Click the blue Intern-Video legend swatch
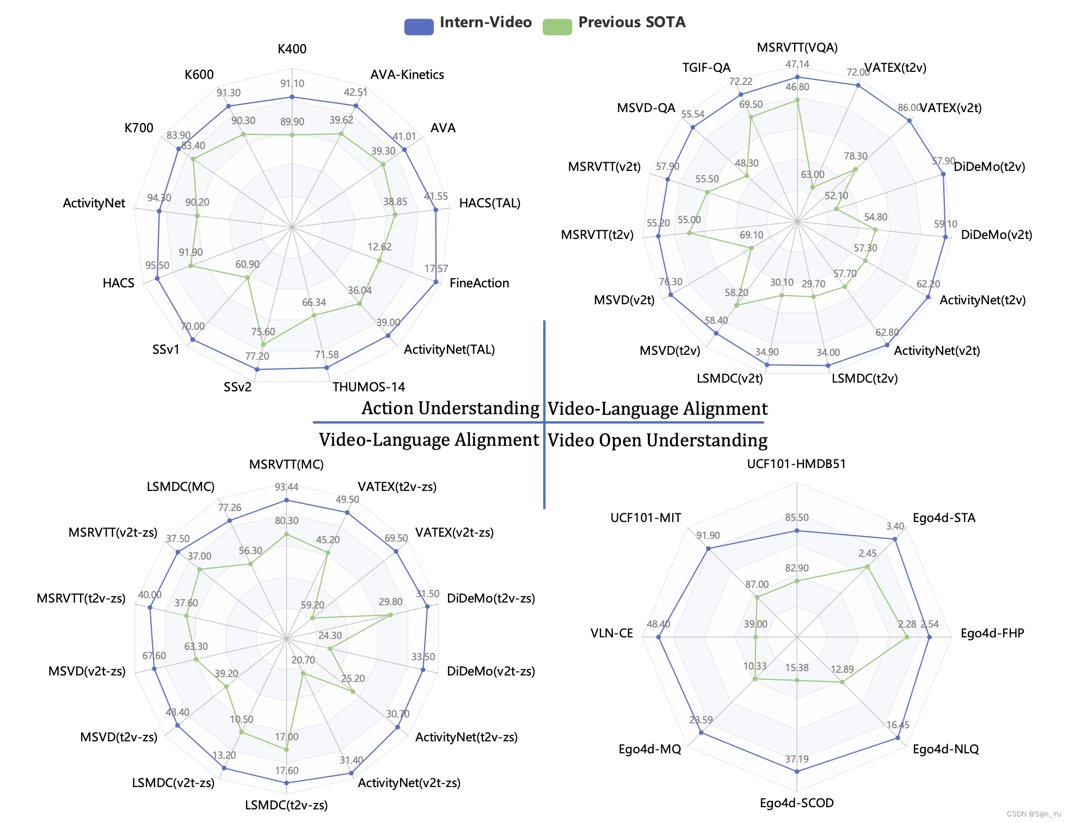click(419, 26)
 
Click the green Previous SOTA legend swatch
click(557, 26)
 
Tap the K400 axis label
click(292, 49)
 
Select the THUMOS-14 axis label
click(368, 387)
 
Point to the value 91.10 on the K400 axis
click(292, 83)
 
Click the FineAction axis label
click(479, 283)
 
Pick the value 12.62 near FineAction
click(379, 247)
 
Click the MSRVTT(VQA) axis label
click(797, 47)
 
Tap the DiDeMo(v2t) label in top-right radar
click(996, 235)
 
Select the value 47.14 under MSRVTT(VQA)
click(797, 64)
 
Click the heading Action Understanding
click(450, 408)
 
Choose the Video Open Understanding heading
click(657, 440)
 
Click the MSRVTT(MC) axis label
click(286, 464)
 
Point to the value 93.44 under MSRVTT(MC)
click(286, 487)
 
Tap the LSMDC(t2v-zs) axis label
click(286, 805)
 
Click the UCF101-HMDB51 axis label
click(796, 464)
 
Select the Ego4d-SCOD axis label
click(796, 803)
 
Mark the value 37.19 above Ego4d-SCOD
click(796, 759)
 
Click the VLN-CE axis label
click(612, 633)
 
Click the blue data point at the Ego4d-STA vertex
click(894, 539)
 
